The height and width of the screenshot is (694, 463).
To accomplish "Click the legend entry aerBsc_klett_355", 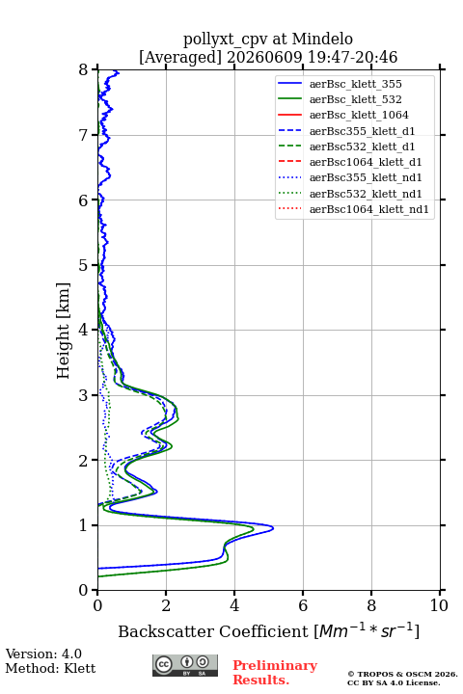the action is click(x=355, y=84).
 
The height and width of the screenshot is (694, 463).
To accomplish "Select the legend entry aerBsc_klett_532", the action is click(x=355, y=99).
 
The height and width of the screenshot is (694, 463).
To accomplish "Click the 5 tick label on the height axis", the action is click(x=83, y=265).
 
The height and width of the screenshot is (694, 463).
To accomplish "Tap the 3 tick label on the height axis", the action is click(x=83, y=395).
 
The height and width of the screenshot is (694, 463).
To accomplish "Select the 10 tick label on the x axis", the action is click(x=439, y=605).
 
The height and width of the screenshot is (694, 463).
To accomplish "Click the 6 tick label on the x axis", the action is click(x=303, y=605).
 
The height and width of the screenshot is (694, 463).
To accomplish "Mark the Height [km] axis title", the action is click(x=64, y=331).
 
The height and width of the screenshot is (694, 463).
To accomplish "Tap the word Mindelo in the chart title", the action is click(x=322, y=39).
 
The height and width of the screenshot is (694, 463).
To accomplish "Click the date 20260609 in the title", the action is click(x=264, y=57).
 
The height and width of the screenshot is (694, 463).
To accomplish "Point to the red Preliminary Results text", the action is click(x=275, y=673).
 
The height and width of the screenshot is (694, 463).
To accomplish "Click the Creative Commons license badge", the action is click(x=185, y=665).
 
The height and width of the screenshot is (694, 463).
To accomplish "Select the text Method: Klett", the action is click(x=50, y=668).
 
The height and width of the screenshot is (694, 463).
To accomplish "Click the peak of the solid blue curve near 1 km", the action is click(x=273, y=527).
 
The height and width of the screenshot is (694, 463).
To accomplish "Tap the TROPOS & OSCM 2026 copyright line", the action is click(x=403, y=674).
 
